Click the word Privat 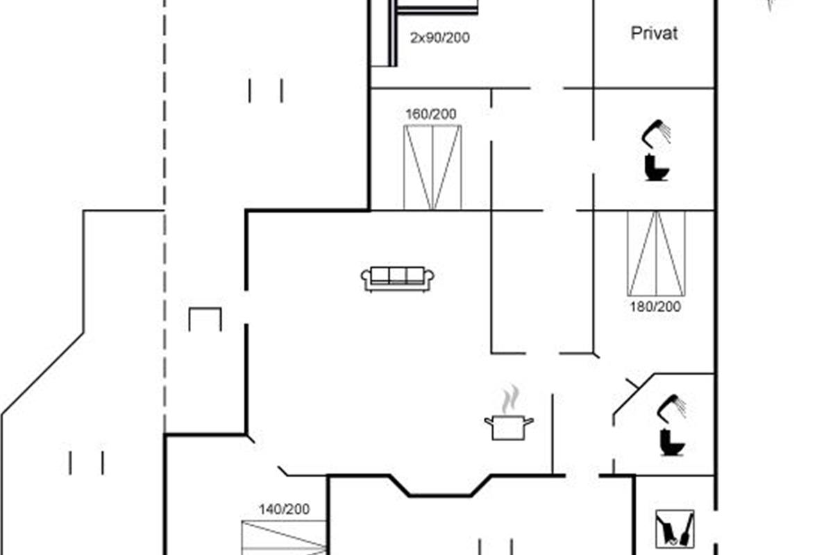654,33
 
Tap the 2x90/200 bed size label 439,37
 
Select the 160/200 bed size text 430,114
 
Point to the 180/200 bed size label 655,307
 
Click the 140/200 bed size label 284,509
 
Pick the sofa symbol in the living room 397,279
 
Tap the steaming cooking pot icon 509,413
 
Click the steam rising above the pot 510,399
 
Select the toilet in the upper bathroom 656,168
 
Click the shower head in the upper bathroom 656,132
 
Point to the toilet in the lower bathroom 672,443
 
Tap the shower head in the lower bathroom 672,408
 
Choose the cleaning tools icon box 675,529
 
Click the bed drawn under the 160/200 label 432,168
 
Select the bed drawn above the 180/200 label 657,253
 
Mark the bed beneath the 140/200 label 284,538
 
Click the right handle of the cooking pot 529,421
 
